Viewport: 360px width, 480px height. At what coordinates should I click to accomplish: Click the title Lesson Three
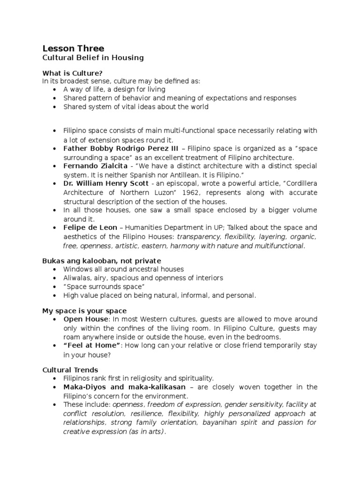coord(73,48)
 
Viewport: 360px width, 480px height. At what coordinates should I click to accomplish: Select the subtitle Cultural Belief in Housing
coord(93,58)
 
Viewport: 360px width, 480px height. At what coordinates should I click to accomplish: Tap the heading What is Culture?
coord(72,73)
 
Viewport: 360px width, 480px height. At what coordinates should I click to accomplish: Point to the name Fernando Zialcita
coord(93,166)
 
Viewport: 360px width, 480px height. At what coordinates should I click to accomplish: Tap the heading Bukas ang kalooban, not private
coord(101,261)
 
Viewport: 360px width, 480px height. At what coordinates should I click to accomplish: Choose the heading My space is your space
coord(84,311)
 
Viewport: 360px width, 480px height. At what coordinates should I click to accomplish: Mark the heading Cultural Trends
coord(70,370)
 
